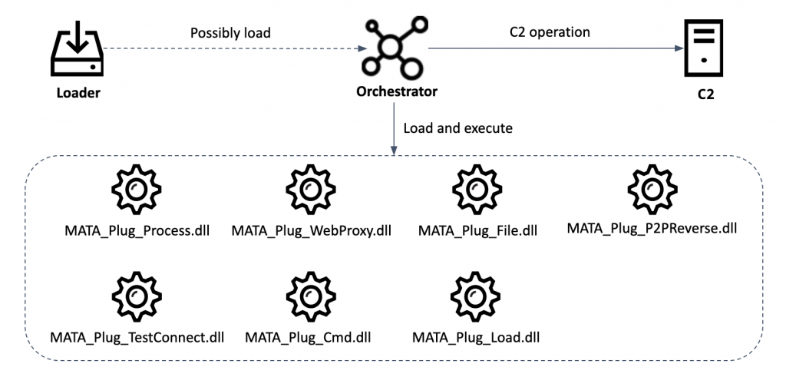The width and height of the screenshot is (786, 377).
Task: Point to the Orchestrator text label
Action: pyautogui.click(x=397, y=91)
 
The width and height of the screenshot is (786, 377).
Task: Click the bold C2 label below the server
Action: pyautogui.click(x=708, y=98)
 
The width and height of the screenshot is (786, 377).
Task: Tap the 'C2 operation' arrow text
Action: pyautogui.click(x=550, y=33)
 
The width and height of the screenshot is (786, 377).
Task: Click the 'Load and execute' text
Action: pyautogui.click(x=457, y=128)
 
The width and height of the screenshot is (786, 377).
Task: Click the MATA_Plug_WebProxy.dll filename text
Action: pyautogui.click(x=311, y=230)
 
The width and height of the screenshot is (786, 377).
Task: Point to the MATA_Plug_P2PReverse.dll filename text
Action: pyautogui.click(x=652, y=228)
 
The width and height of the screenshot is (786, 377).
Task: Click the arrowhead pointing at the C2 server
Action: pyautogui.click(x=678, y=48)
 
